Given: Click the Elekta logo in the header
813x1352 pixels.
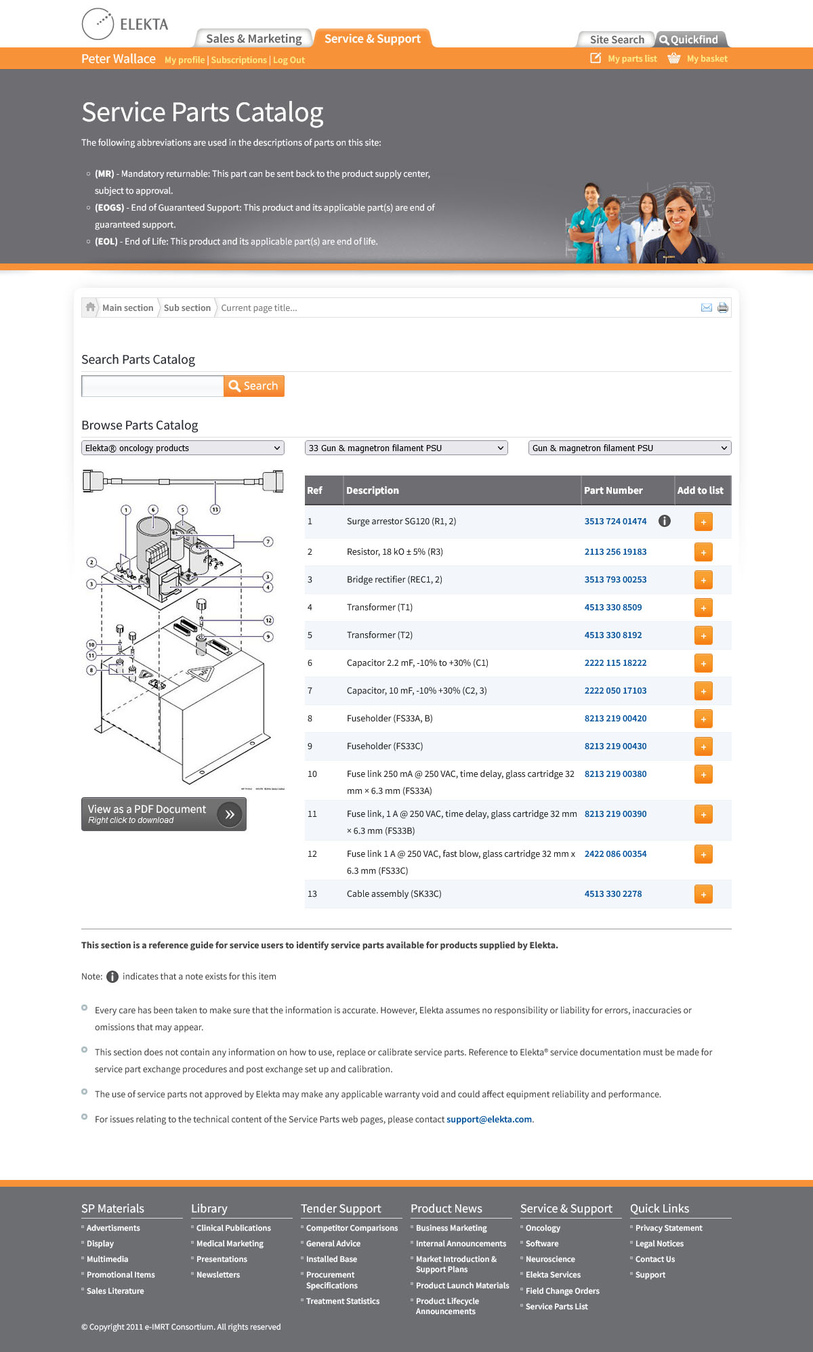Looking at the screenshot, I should [x=125, y=24].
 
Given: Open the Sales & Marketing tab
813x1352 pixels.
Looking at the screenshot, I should [x=253, y=39].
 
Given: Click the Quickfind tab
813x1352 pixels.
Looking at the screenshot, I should [x=689, y=40].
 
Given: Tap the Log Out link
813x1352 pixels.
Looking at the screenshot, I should [x=289, y=60].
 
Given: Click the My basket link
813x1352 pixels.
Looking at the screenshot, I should [x=707, y=59].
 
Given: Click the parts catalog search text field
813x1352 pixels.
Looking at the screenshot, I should [x=152, y=386].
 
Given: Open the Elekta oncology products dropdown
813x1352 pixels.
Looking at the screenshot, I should [x=183, y=448].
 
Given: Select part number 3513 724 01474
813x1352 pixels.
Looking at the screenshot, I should [x=615, y=522].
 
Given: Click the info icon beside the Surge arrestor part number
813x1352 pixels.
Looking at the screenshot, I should [x=665, y=522].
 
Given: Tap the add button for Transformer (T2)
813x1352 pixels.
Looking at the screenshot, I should [x=703, y=636].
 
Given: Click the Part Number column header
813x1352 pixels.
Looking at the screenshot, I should [x=613, y=490].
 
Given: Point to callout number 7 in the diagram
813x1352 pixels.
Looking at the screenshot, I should [x=268, y=542].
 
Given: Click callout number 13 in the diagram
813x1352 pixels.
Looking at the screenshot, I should [x=215, y=509].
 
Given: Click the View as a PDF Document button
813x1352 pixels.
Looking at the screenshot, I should [x=163, y=814].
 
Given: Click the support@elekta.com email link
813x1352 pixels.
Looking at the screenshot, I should [x=489, y=1120].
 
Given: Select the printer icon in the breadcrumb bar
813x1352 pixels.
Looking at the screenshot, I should [x=723, y=308].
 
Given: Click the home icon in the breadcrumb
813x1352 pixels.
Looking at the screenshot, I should [x=90, y=308].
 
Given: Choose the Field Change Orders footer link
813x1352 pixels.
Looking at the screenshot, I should [x=562, y=1291].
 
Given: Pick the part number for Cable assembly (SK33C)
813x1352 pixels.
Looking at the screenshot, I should [x=613, y=894].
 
